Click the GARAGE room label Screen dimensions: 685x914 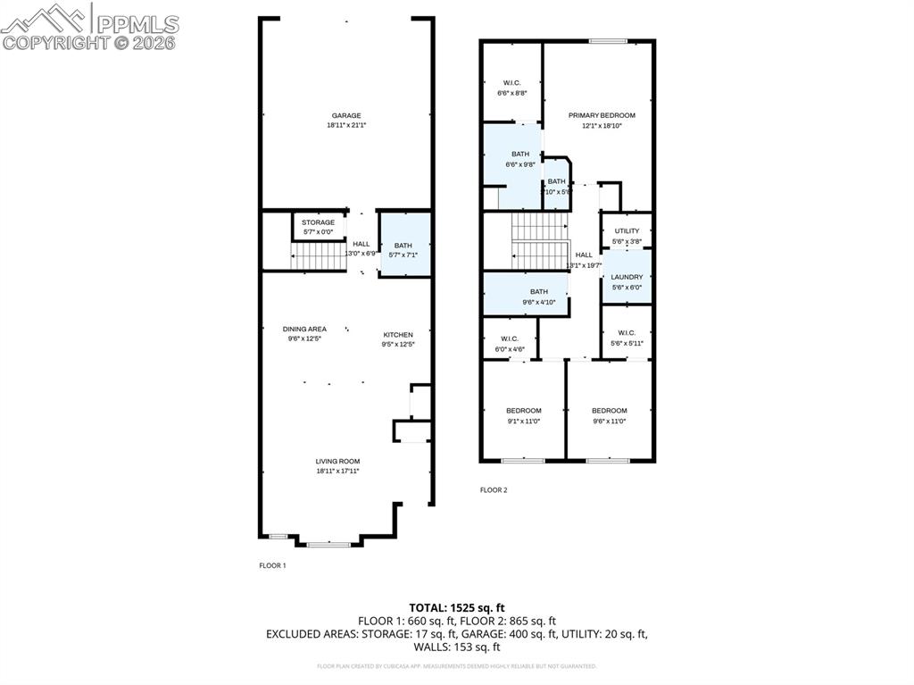click(346, 115)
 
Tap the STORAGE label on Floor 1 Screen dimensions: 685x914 click(318, 222)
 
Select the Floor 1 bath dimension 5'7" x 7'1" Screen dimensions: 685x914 click(403, 255)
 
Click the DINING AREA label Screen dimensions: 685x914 click(304, 329)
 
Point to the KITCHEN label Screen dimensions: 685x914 click(398, 335)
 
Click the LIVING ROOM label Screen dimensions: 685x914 click(337, 461)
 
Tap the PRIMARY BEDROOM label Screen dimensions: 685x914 click(602, 115)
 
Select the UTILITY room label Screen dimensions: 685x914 click(627, 231)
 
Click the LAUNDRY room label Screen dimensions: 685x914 click(627, 277)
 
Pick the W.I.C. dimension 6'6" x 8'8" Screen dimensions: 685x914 click(511, 92)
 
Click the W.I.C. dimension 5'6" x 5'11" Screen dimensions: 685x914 click(627, 343)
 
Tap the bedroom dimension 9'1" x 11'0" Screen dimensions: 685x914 click(523, 421)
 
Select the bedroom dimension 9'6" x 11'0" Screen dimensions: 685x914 click(609, 421)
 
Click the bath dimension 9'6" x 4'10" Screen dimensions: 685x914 click(538, 302)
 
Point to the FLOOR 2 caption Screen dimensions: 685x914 click(494, 489)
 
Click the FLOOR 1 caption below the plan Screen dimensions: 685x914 click(272, 565)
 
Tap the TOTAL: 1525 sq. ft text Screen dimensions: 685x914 click(456, 606)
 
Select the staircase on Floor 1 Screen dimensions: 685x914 click(313, 257)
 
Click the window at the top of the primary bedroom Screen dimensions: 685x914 click(607, 40)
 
